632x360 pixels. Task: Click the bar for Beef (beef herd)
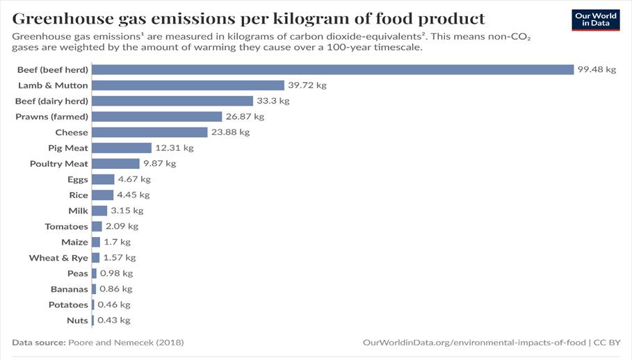tap(332, 69)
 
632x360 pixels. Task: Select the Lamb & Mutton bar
tap(188, 85)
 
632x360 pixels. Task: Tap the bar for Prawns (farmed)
tap(156, 117)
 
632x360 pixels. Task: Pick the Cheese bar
tap(149, 132)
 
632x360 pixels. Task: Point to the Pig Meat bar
tap(122, 148)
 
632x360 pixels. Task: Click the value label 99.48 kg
tap(597, 69)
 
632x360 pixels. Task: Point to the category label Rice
tap(79, 195)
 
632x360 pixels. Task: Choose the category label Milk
tap(78, 211)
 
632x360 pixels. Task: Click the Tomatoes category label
tap(67, 227)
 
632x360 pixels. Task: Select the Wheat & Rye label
tap(58, 258)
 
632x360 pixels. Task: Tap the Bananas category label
tap(70, 289)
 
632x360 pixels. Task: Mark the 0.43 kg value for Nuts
tap(114, 320)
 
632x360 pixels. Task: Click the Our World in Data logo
tap(595, 20)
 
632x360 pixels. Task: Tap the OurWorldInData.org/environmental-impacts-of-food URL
tap(474, 343)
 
